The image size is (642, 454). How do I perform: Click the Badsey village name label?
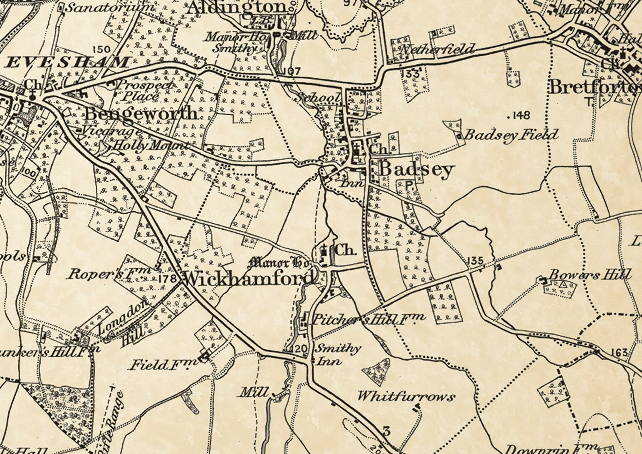coord(417,170)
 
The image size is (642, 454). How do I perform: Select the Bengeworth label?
coord(141,113)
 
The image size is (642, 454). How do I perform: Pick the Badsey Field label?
coord(511,135)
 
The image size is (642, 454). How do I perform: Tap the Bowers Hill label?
coord(590,275)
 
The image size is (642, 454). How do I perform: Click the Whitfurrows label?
coord(406,397)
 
